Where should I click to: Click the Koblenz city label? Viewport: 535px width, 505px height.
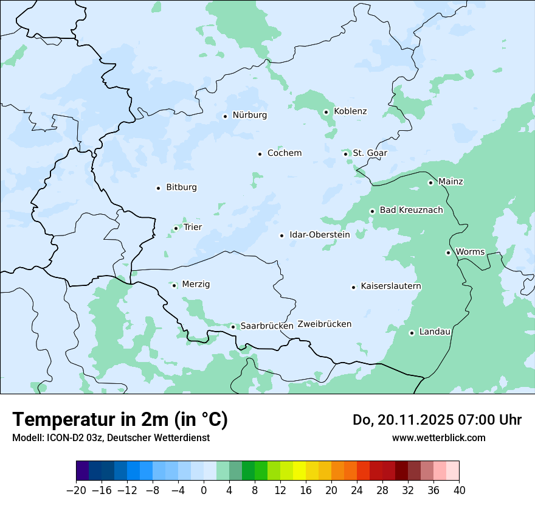[350, 111]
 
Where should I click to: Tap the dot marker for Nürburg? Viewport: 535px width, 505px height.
[225, 116]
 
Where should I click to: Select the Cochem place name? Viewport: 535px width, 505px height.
[285, 153]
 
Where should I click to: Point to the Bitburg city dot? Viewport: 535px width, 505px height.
[158, 188]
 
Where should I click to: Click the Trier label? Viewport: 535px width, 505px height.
[193, 228]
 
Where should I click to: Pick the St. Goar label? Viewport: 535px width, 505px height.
[370, 153]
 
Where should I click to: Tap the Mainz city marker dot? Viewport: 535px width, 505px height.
[430, 183]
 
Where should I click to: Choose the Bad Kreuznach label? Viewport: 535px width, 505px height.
[411, 211]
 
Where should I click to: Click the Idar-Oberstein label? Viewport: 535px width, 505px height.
[320, 235]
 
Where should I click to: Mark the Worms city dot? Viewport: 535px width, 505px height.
[448, 252]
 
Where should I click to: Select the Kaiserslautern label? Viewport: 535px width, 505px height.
[391, 287]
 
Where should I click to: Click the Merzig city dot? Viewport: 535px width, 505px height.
[174, 285]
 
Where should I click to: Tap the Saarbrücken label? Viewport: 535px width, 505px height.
[267, 326]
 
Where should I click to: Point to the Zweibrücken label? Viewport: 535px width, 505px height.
[325, 324]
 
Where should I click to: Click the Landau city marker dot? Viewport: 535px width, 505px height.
[412, 333]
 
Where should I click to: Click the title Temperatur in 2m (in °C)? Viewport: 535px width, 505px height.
[120, 420]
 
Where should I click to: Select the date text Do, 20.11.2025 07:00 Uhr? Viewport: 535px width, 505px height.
[437, 420]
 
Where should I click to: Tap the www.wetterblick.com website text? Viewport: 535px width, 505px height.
[438, 437]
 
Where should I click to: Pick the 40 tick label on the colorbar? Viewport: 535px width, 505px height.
[459, 490]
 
